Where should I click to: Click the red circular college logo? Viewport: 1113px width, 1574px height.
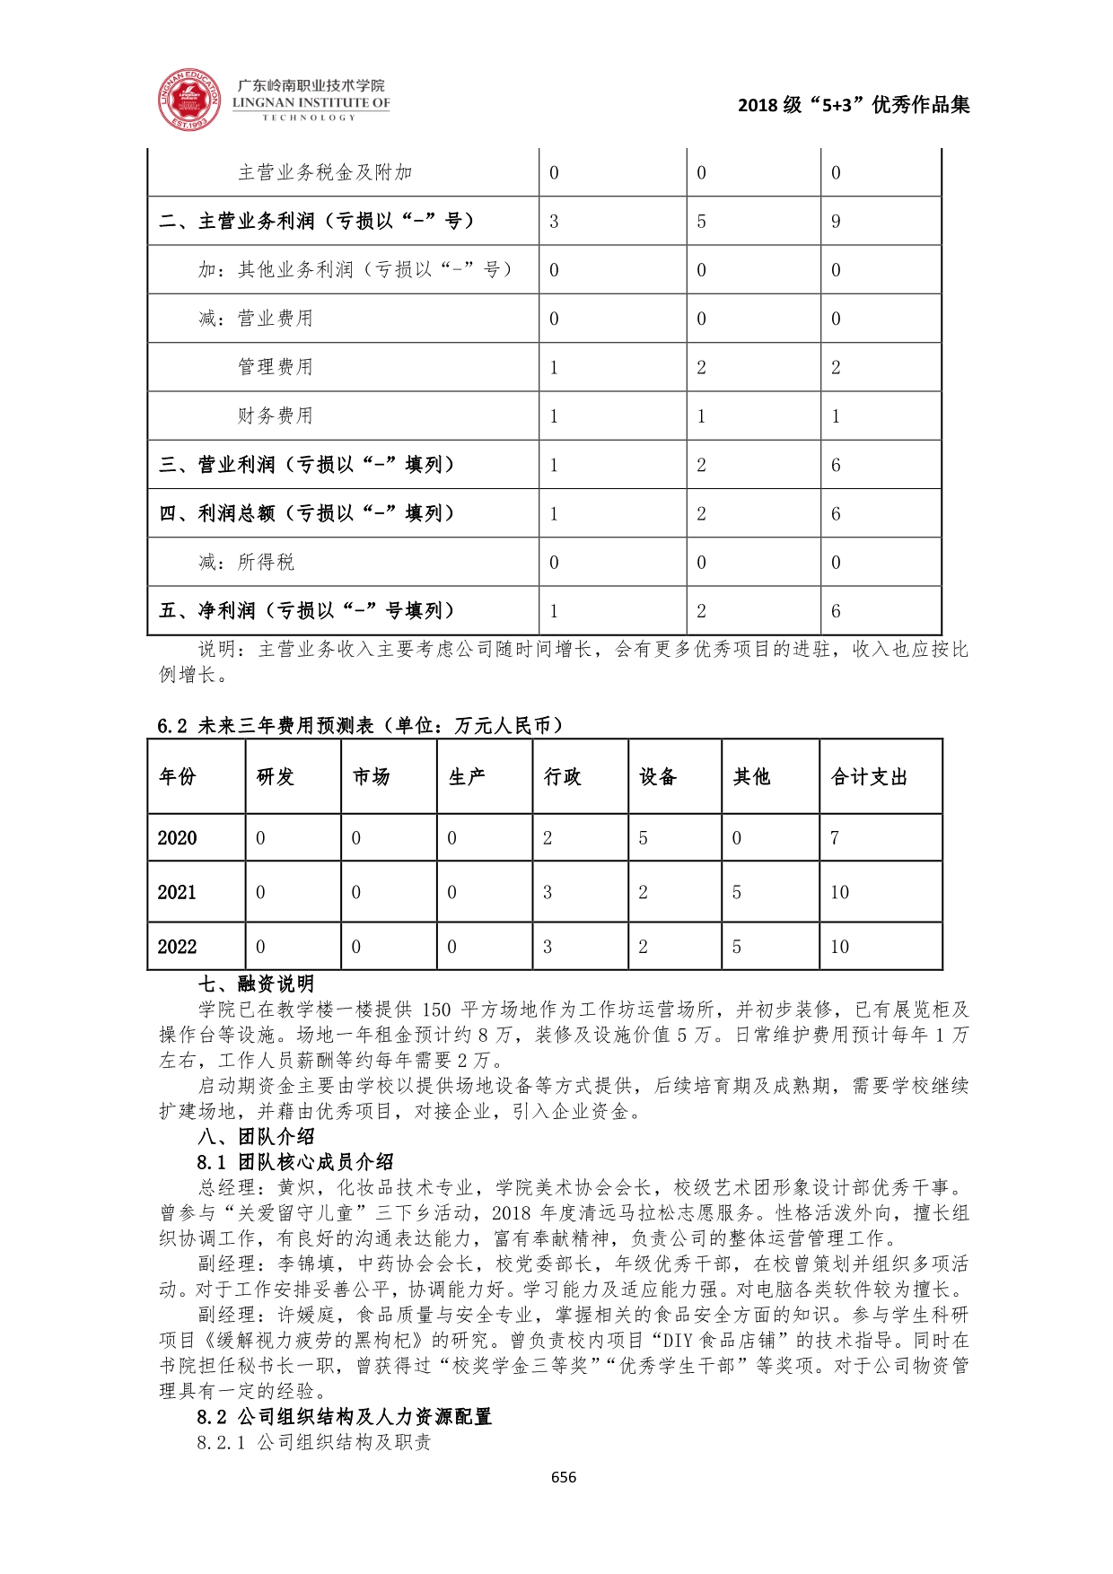[x=189, y=98]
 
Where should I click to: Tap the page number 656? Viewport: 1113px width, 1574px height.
[x=564, y=1477]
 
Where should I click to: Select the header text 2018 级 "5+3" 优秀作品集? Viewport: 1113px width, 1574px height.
[x=853, y=105]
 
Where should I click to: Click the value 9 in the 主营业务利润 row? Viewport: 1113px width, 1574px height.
[x=836, y=222]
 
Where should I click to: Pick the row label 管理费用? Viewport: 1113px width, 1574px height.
[x=275, y=367]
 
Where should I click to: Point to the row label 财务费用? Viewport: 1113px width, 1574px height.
[x=275, y=415]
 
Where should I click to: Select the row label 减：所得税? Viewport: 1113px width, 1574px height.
[x=246, y=563]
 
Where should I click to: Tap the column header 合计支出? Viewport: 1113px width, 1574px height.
[x=868, y=777]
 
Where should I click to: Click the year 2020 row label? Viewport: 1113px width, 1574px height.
[x=177, y=838]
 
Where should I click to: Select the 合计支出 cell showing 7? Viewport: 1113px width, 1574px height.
[x=835, y=838]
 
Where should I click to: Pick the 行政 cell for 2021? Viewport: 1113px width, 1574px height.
[x=548, y=893]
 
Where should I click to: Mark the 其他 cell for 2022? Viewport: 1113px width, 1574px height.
[x=737, y=947]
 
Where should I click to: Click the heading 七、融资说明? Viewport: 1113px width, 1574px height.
[x=256, y=984]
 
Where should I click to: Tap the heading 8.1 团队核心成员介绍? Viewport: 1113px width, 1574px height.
[x=295, y=1162]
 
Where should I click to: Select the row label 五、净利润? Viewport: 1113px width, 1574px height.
[x=307, y=611]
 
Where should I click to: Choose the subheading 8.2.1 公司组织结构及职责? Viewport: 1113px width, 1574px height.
[x=314, y=1443]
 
